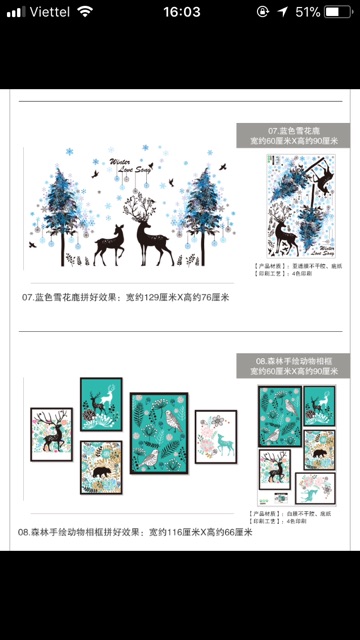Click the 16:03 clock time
click(180, 11)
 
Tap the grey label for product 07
click(293, 136)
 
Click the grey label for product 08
click(293, 365)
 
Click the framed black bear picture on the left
click(101, 467)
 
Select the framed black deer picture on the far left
click(51, 433)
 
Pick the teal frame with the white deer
click(101, 404)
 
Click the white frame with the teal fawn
click(216, 436)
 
